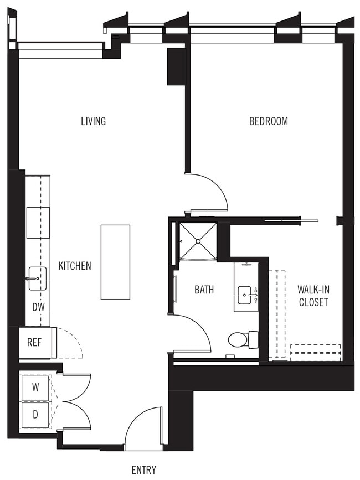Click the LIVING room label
coord(93,121)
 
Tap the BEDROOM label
coord(268,121)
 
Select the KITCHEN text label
coord(75,266)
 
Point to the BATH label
coord(204,289)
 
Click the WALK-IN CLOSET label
coord(313,296)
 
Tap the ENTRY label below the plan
coord(143,470)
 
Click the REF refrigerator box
coord(35,342)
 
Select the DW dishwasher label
coord(38,307)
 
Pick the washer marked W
coord(35,388)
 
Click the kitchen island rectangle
coord(115,262)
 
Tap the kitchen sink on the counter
coord(38,278)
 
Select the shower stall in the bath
coord(198,241)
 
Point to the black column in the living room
coord(176,66)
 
